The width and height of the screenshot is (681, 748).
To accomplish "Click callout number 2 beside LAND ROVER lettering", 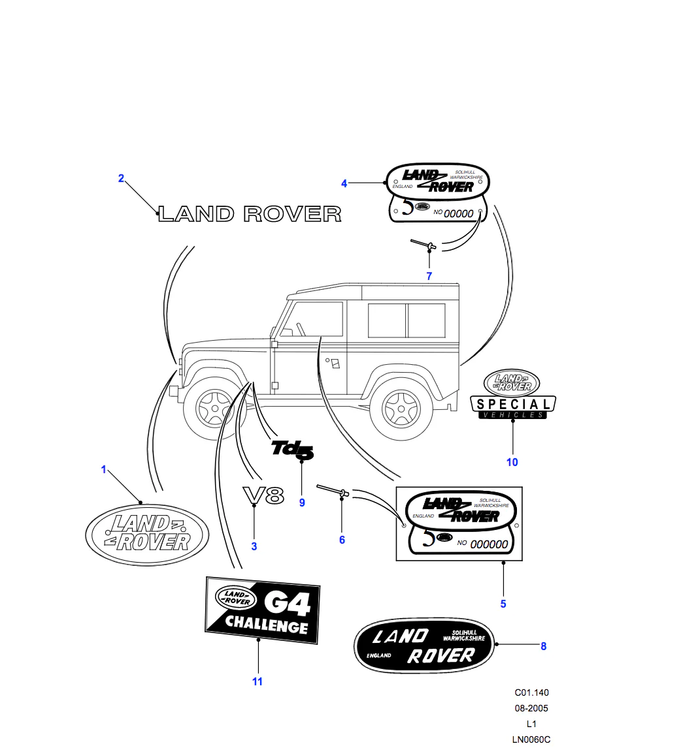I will (121, 178).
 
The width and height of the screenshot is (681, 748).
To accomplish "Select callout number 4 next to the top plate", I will (344, 183).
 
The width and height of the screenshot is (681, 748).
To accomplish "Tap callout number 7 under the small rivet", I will (429, 276).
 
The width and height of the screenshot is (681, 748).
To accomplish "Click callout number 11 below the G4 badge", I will (257, 681).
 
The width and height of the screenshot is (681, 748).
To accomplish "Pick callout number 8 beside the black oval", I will (543, 646).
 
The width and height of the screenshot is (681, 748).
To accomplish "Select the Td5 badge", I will (293, 449).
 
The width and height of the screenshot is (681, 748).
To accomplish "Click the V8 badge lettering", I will (263, 496).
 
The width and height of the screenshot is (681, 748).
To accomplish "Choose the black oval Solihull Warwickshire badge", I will (426, 645).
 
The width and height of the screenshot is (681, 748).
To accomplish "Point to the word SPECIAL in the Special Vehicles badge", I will (513, 404).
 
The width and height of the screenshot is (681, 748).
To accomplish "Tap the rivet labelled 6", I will (333, 490).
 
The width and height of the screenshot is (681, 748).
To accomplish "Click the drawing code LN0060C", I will (531, 739).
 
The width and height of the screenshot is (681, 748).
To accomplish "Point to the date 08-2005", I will (531, 708).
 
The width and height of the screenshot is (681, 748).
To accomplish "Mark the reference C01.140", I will (531, 693).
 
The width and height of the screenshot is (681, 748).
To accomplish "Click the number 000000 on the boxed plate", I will (489, 544).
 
